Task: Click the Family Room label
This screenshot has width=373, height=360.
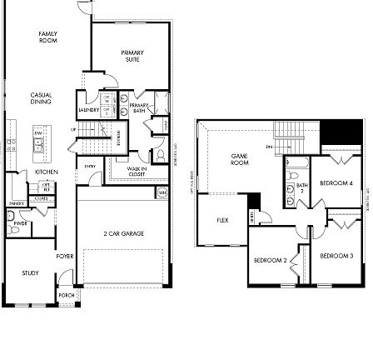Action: click(47, 37)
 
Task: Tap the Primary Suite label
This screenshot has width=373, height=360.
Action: click(132, 57)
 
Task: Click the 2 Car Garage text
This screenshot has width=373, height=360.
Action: click(114, 233)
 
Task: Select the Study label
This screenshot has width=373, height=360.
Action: click(30, 272)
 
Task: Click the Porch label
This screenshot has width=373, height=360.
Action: click(67, 294)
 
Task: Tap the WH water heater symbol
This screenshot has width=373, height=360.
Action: click(162, 192)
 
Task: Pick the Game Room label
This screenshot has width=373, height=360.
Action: click(239, 158)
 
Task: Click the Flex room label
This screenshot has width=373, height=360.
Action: click(222, 220)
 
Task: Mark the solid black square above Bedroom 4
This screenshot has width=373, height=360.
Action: click(342, 132)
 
